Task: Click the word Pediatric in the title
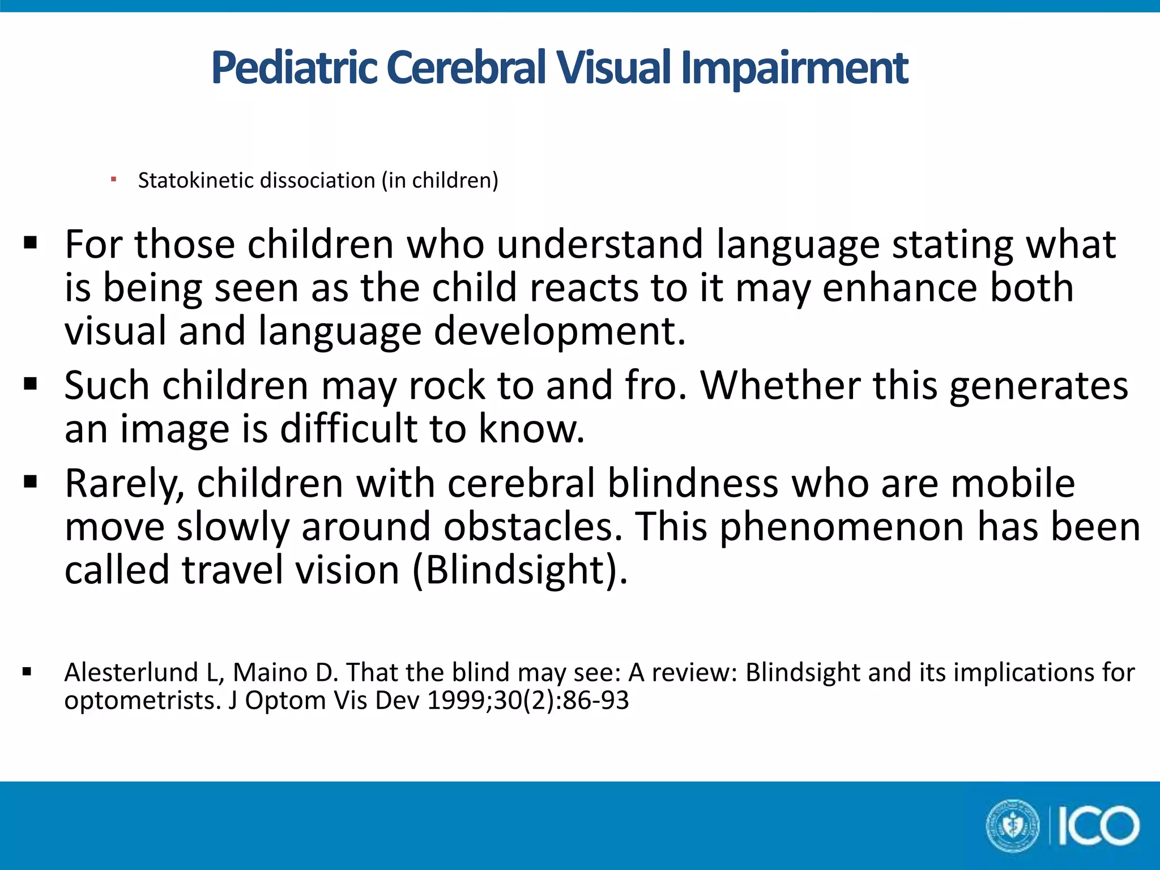(x=294, y=69)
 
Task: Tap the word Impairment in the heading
(x=794, y=69)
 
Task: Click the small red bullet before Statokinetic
(x=114, y=180)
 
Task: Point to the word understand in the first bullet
(x=600, y=245)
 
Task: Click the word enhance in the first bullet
(x=899, y=288)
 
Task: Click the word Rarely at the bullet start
(x=125, y=484)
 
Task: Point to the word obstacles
(x=529, y=527)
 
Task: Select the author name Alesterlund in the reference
(x=131, y=673)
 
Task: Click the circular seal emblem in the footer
(x=1013, y=826)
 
